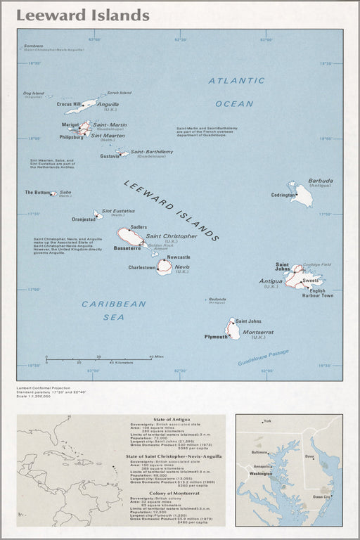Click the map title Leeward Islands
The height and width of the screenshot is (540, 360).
pos(83,15)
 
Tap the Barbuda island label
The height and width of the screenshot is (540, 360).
pos(320,181)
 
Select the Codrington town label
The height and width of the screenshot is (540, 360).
pos(283,195)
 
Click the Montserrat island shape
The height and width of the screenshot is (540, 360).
pos(232,329)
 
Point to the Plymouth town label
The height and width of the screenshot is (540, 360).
pos(215,337)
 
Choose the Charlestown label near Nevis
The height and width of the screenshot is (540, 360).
pos(141,268)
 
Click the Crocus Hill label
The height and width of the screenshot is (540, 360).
pos(69,104)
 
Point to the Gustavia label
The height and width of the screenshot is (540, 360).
pos(110,156)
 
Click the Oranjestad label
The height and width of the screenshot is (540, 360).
pos(83,219)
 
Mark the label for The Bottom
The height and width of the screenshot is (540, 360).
pos(38,192)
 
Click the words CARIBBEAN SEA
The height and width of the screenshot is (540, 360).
pos(113,310)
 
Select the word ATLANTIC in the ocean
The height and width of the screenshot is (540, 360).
pos(236,81)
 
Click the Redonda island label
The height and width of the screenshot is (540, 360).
pos(217,299)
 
